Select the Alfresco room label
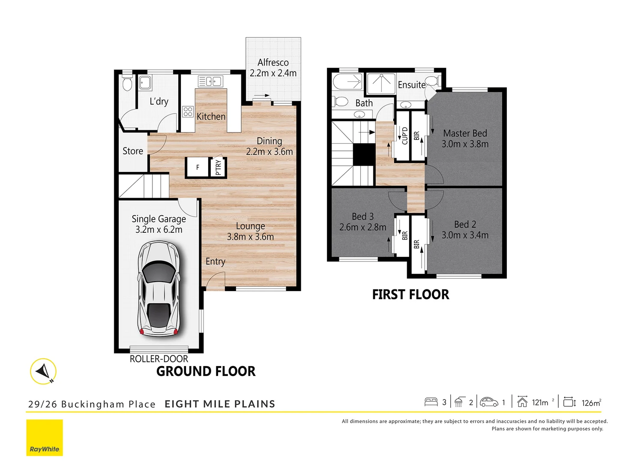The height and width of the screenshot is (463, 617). pos(273,63)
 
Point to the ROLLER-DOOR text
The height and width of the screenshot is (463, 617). pos(159,359)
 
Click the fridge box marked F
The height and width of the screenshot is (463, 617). pos(197,167)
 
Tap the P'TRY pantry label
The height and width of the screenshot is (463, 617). pos(218,167)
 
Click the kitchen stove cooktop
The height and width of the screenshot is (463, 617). pos(188,112)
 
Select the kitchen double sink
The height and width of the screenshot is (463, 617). pos(210,81)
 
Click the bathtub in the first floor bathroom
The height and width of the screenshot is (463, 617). pos(348,81)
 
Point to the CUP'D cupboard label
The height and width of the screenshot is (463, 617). pos(404,135)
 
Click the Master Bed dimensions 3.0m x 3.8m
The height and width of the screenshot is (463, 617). pos(465,144)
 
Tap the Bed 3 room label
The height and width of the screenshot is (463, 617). pos(362,216)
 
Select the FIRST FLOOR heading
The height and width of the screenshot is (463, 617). pos(410,295)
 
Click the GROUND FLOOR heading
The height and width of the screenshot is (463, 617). pos(206,371)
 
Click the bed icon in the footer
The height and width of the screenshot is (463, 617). pos(431,402)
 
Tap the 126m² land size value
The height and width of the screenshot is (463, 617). pos(591,403)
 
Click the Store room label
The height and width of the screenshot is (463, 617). pos(133,151)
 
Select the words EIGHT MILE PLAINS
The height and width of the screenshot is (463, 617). pos(220,404)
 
